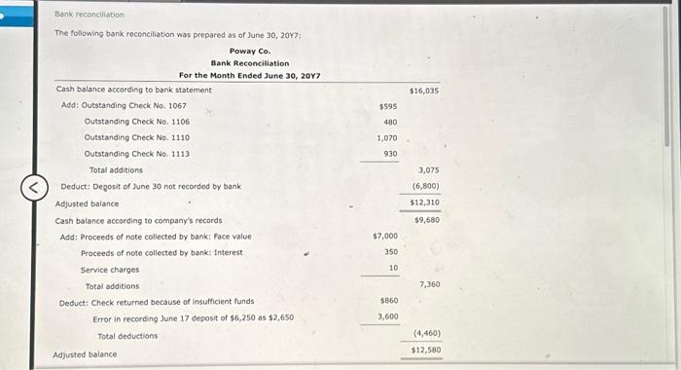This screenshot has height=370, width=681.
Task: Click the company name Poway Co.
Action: pyautogui.click(x=250, y=51)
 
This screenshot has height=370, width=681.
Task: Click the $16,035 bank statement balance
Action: pyautogui.click(x=424, y=90)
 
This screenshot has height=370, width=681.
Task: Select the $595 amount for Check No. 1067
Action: pyautogui.click(x=387, y=106)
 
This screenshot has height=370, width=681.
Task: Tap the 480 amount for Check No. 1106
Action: pyautogui.click(x=390, y=123)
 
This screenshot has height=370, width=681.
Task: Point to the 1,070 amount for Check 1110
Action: pyautogui.click(x=387, y=138)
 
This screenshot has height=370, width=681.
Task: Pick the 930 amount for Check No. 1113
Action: pyautogui.click(x=390, y=154)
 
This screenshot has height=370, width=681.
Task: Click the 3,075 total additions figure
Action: pyautogui.click(x=426, y=170)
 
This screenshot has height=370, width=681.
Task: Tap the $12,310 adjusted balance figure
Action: pyautogui.click(x=425, y=202)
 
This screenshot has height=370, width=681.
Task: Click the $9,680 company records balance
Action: pyautogui.click(x=426, y=220)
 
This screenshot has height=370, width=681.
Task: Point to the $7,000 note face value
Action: pyautogui.click(x=385, y=236)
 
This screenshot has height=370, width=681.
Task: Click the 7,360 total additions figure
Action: pyautogui.click(x=429, y=284)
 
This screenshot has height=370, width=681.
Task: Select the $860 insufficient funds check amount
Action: pyautogui.click(x=388, y=301)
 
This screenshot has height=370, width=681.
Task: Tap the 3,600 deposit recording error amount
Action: pyautogui.click(x=387, y=317)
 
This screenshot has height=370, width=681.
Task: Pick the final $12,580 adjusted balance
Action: pyautogui.click(x=426, y=350)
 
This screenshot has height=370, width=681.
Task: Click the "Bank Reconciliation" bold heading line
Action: pyautogui.click(x=250, y=63)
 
